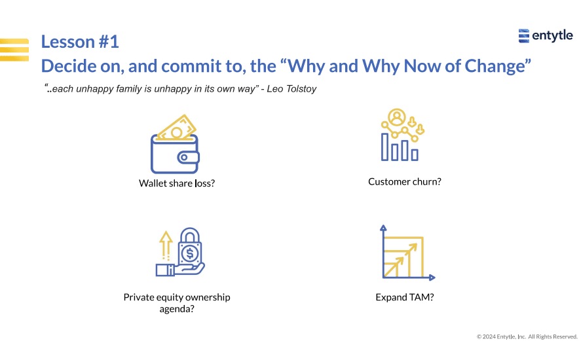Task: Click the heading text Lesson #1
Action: (80, 42)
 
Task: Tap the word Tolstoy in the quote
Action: (301, 89)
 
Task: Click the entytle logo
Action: (546, 36)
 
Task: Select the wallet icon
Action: (175, 144)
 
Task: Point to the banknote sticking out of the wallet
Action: (177, 128)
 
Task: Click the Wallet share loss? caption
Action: (177, 183)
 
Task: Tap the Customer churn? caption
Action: (405, 182)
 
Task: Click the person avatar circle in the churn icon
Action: (397, 118)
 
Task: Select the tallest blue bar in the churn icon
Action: (384, 147)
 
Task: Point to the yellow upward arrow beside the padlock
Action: (166, 245)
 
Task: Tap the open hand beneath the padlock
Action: (181, 269)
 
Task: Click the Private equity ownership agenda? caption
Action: (177, 303)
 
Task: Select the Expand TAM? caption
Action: (405, 297)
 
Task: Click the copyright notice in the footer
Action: (527, 336)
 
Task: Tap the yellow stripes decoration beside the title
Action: (14, 50)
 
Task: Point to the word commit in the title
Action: (192, 66)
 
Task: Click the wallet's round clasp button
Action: (183, 158)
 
